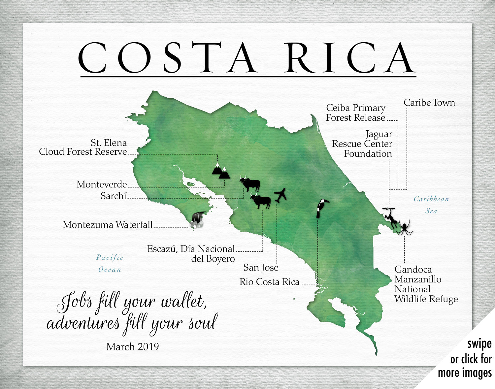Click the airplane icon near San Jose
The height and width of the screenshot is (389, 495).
280,195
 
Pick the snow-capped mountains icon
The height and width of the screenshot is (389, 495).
220,171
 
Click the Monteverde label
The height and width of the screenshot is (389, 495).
102,184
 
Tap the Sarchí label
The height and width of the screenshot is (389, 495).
114,196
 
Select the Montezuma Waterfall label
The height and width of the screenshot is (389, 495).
108,225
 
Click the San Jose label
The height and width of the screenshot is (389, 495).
261,268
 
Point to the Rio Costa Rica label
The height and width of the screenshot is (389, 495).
269,282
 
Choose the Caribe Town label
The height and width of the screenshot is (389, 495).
429,103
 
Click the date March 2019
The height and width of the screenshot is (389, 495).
132,346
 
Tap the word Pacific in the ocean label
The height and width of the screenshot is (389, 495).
110,257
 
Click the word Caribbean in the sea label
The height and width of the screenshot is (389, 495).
431,199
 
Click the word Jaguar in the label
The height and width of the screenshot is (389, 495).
379,134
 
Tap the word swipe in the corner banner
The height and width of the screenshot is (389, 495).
479,344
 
